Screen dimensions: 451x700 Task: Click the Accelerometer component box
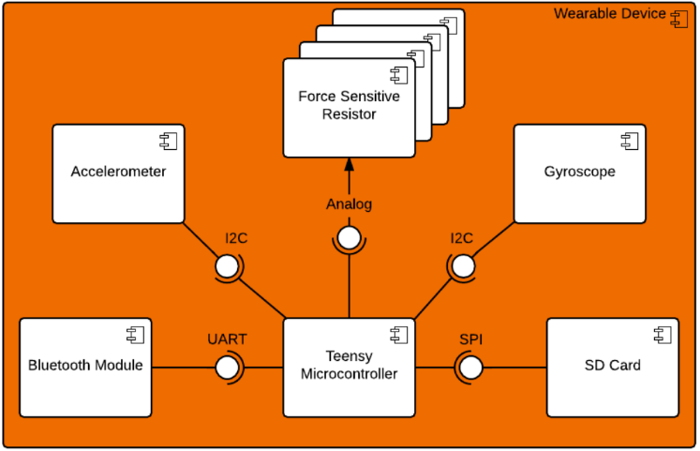(118, 174)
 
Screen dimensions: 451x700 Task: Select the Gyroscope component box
(579, 174)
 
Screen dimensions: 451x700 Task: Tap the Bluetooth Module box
(85, 368)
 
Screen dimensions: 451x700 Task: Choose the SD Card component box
(612, 368)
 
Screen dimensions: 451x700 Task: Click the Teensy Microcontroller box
(349, 368)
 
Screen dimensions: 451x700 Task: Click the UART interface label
(227, 339)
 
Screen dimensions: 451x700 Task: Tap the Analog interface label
(349, 204)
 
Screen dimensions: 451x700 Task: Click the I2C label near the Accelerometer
(236, 238)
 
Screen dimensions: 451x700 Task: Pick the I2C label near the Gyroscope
(462, 238)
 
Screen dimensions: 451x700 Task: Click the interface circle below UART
(228, 368)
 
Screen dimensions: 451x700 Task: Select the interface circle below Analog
(349, 238)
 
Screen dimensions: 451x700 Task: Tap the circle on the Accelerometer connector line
(228, 268)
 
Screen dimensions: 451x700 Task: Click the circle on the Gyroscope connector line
(463, 268)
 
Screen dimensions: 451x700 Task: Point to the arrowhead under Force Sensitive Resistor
(349, 165)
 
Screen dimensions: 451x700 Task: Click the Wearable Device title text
(609, 14)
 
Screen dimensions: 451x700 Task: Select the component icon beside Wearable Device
(678, 16)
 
